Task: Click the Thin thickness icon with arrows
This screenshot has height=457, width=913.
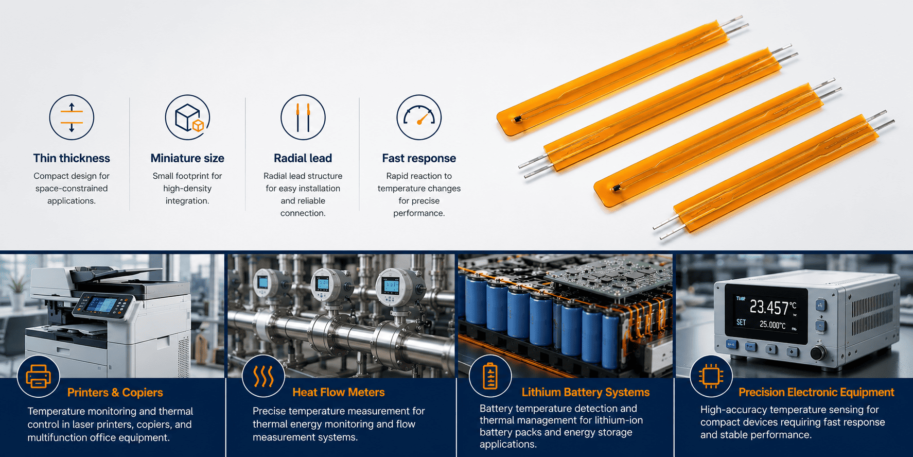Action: point(72,117)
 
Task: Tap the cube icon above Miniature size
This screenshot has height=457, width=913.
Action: point(187,117)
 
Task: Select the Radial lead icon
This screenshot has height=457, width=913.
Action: point(303,117)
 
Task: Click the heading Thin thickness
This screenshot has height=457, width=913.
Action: point(72,158)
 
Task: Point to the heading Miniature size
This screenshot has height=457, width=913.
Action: point(187,158)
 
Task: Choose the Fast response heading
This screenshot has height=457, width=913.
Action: point(419,158)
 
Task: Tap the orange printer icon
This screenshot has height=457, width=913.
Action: point(39,376)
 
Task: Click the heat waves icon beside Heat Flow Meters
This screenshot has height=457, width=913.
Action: point(264,376)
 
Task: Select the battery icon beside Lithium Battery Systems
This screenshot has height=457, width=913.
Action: point(490,376)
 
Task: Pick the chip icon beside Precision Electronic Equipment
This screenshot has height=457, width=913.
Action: point(711,376)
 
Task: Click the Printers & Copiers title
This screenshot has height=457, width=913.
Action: point(115,393)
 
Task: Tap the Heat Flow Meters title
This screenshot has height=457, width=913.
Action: point(338,393)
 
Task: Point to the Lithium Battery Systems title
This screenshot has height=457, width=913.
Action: point(586,393)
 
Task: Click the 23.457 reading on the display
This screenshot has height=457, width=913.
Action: point(769,308)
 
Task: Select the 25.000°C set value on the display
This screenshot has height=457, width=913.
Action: point(772,325)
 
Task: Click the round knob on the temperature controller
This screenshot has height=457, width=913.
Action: point(818,353)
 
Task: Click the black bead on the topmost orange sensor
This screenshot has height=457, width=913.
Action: point(517,120)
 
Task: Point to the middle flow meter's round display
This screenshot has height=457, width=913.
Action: point(323,283)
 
